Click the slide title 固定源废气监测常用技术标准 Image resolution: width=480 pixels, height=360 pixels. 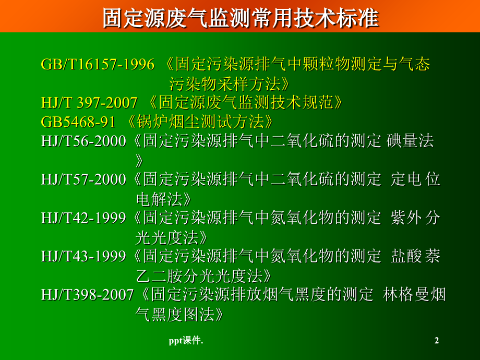[239, 18]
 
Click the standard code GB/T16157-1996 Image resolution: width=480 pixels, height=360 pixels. [98, 65]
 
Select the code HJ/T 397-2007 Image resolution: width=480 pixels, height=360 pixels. [89, 103]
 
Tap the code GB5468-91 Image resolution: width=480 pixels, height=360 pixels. [78, 122]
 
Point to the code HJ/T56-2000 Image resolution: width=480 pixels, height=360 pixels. [83, 141]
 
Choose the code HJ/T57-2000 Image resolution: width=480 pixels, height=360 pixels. [83, 180]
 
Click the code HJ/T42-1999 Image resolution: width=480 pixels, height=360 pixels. [83, 218]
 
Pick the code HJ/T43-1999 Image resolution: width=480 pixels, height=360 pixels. [83, 257]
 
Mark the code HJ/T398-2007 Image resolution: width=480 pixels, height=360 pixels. [88, 295]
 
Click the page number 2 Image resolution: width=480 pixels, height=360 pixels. [437, 341]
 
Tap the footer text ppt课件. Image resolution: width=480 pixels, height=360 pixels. [186, 341]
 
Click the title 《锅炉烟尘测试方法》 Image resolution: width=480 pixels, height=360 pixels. [199, 122]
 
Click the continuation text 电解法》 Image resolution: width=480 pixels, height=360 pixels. [163, 199]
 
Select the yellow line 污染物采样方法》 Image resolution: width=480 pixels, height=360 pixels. [228, 83]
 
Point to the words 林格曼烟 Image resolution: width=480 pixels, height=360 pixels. [414, 295]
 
